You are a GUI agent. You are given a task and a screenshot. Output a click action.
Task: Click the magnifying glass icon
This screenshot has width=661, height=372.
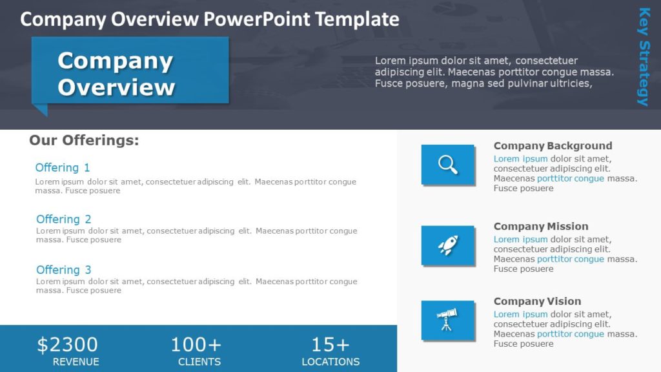point(448,164)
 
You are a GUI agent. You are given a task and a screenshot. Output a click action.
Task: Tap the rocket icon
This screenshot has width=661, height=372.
point(448,245)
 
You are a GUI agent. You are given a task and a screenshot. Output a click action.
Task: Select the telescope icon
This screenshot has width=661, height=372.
point(447,320)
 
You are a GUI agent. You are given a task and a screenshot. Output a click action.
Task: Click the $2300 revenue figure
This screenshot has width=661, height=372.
point(67,345)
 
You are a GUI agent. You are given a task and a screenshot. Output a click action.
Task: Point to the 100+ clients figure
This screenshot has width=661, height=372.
point(196,345)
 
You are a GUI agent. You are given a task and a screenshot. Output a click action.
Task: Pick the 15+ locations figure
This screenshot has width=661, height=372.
point(330,345)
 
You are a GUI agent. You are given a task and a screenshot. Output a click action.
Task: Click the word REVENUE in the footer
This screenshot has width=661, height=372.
point(76,362)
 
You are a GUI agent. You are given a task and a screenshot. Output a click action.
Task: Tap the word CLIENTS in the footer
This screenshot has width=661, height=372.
point(199,362)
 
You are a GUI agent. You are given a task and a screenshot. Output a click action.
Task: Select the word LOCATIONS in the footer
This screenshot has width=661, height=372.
point(330,362)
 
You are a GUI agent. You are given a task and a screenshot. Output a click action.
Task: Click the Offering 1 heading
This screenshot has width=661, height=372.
point(63,168)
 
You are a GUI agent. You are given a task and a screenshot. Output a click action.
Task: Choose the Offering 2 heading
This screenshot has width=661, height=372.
point(64,220)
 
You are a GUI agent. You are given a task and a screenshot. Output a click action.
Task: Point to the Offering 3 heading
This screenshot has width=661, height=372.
point(64,270)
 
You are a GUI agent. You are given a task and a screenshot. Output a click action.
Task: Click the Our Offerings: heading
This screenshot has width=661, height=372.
point(84,140)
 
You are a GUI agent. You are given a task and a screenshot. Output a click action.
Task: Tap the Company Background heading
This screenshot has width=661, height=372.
point(553,146)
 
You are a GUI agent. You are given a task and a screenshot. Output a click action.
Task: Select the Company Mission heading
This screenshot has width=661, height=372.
point(541,227)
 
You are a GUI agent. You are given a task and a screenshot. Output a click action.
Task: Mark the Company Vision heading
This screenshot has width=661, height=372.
point(537,302)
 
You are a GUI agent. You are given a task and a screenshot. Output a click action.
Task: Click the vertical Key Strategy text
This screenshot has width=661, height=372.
point(644,56)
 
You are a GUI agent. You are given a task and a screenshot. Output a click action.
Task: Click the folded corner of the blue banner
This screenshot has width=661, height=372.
point(40,110)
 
